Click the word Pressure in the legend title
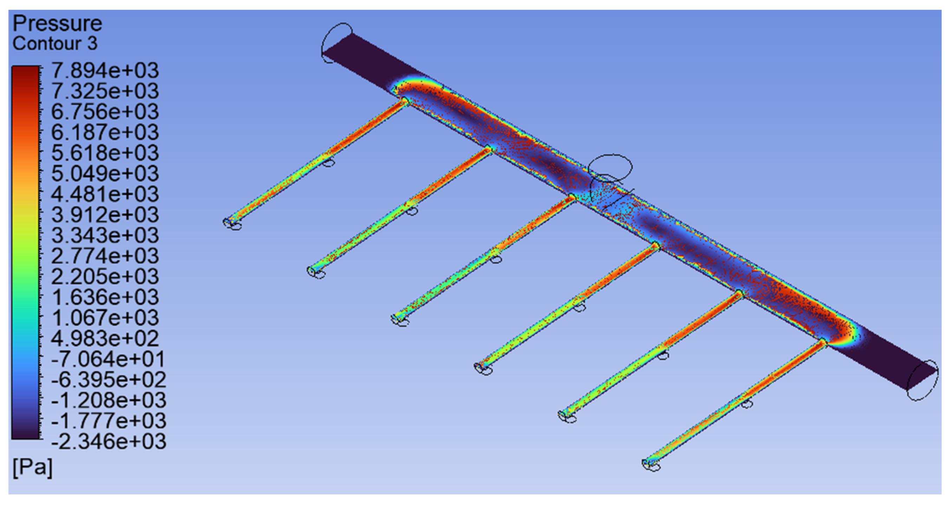[57, 24]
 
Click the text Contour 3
[55, 44]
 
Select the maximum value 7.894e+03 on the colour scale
[105, 70]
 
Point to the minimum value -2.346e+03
[109, 441]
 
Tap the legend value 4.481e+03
[105, 194]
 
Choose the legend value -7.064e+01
[109, 359]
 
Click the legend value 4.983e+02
[105, 338]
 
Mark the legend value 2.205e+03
[105, 276]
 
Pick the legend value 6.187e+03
[105, 132]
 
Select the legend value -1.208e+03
[109, 400]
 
